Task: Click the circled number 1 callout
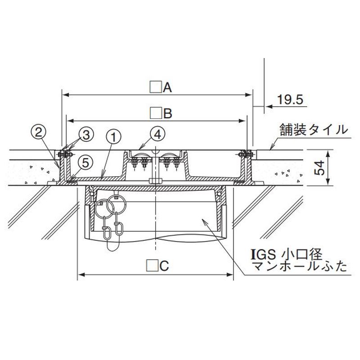tap(113, 137)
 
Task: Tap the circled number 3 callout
tap(86, 135)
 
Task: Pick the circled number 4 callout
tap(157, 134)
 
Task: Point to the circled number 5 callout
tap(85, 163)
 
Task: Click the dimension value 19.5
tap(290, 99)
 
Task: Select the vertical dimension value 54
tap(319, 168)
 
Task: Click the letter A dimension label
tap(167, 87)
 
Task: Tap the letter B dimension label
tap(168, 113)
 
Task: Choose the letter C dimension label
tap(164, 266)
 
